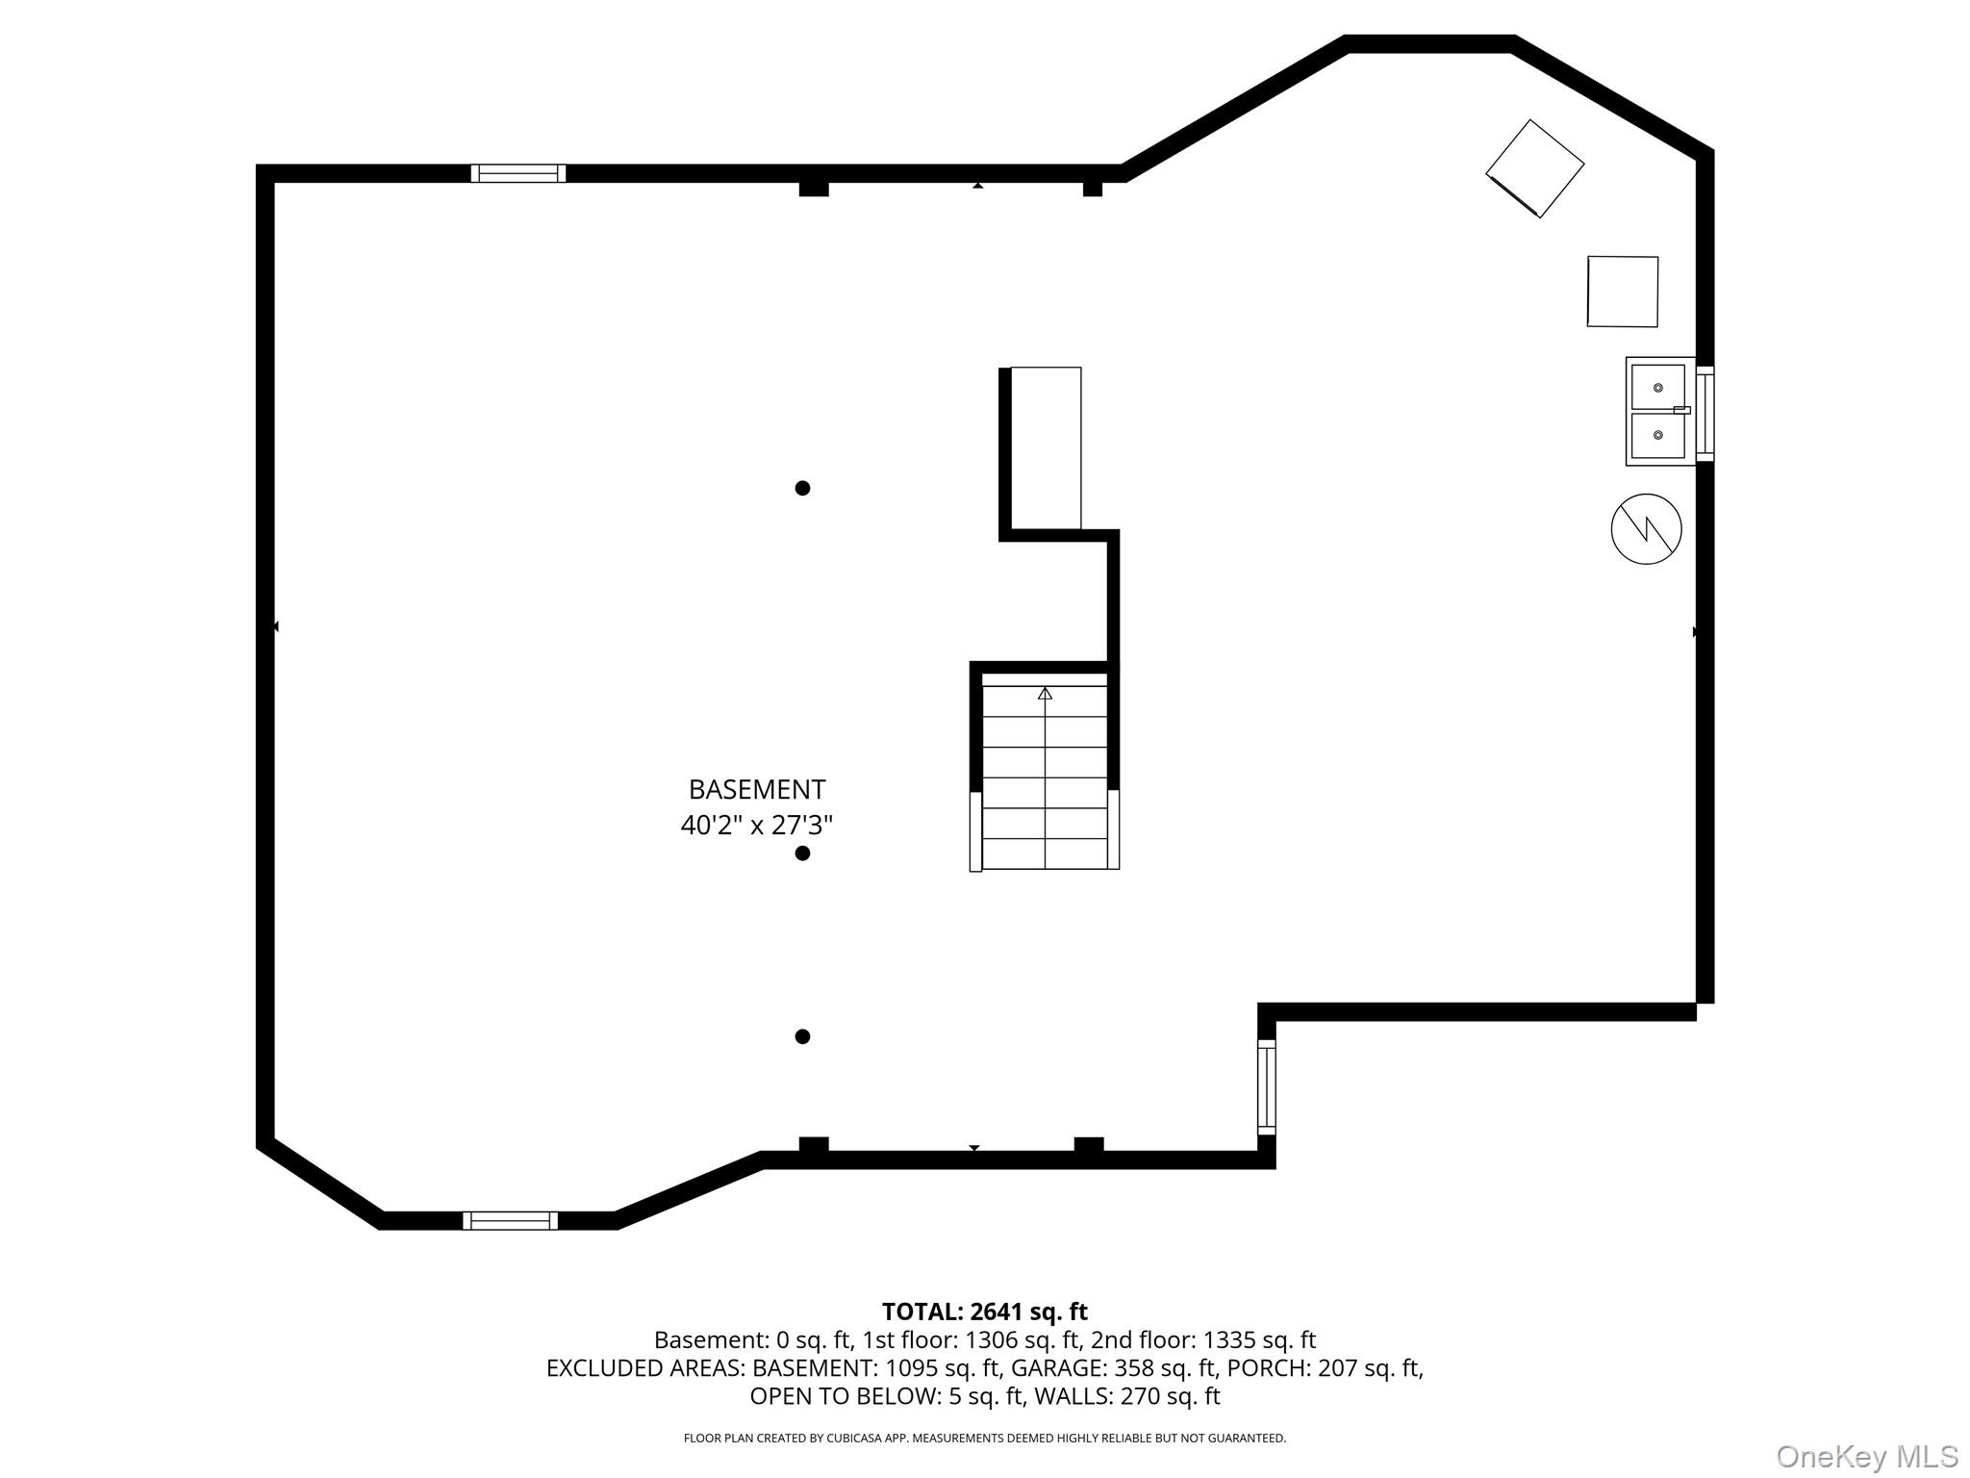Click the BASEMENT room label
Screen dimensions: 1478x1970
[x=756, y=790]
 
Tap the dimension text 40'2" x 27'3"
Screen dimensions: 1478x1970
[x=756, y=826]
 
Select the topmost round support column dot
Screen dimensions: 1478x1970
[x=802, y=488]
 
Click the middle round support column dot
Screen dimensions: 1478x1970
[x=802, y=854]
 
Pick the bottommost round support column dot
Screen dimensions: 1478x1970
[x=802, y=1036]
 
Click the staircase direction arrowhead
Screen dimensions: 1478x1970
[x=1045, y=693]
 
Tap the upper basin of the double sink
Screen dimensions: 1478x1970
[x=1657, y=387]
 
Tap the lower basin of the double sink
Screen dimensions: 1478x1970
[x=1657, y=436]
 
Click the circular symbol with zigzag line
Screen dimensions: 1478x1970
[x=1646, y=529]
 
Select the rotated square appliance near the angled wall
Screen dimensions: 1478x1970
[x=1534, y=168]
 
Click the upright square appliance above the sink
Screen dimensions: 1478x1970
[x=1623, y=292]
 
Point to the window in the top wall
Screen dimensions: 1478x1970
[x=518, y=173]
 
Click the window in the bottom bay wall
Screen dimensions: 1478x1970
[x=510, y=1221]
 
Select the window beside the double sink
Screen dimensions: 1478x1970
[x=1705, y=414]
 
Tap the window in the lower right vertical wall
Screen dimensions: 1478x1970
[x=1267, y=1088]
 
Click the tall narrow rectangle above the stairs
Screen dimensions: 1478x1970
[x=1046, y=447]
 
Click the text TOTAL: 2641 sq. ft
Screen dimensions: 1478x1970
[x=984, y=1312]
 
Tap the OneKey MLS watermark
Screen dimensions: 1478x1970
[x=1866, y=1456]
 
